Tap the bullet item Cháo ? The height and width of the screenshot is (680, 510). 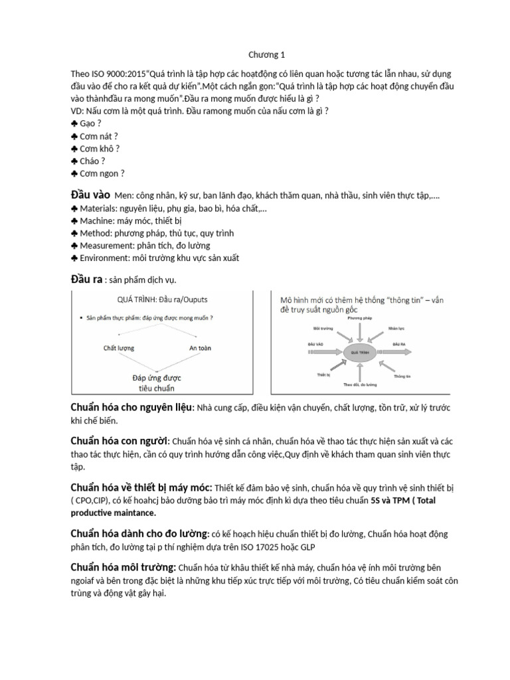click(x=92, y=161)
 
